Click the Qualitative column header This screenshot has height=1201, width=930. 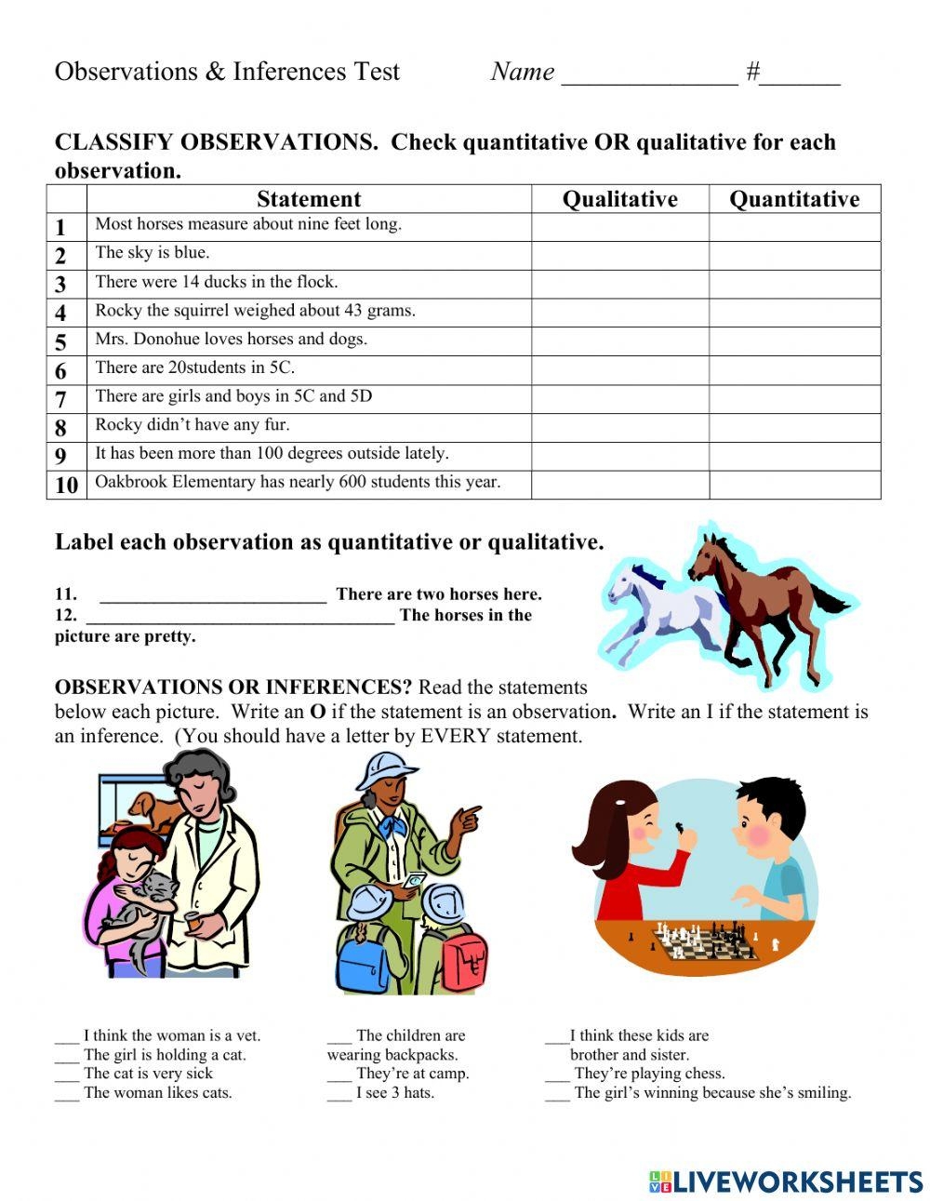619,199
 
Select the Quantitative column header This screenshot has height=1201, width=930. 794,199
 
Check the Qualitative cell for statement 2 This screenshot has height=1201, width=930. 619,256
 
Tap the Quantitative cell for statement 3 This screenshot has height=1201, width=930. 794,284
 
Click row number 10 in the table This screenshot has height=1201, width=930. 66,485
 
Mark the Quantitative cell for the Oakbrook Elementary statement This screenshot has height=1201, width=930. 794,485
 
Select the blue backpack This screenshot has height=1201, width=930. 362,958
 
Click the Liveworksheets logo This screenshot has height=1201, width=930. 785,1181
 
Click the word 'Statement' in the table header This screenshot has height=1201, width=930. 309,199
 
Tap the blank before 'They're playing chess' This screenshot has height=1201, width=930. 557,1076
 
